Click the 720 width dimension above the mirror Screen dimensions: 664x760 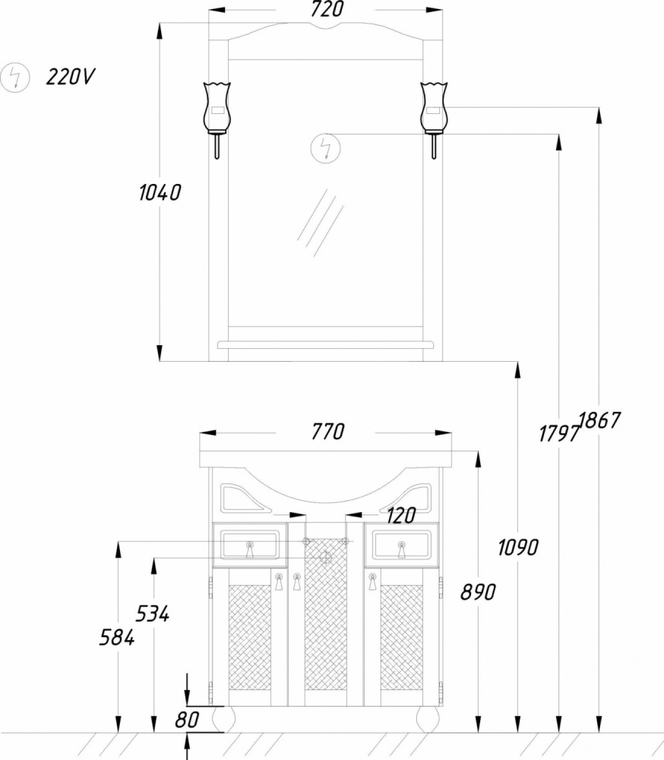tap(327, 9)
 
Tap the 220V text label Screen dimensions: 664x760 tap(71, 77)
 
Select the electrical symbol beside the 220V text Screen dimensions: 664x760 tap(15, 78)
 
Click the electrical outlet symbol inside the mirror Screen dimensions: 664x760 tap(326, 148)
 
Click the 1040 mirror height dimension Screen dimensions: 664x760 tap(160, 192)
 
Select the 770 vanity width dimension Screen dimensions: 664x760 tap(327, 432)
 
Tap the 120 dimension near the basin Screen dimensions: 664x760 tap(401, 516)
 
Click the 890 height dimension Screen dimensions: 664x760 tap(478, 592)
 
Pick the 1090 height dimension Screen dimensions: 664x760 tap(518, 547)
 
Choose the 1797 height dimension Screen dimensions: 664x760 tap(559, 433)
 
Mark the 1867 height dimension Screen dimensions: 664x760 tap(599, 420)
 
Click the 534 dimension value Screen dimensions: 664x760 tap(152, 613)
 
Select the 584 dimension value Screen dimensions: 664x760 tap(117, 637)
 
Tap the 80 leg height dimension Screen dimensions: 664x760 tap(187, 720)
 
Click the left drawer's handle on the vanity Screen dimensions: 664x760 tap(250, 549)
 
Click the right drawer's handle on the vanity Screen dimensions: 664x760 tap(401, 549)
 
